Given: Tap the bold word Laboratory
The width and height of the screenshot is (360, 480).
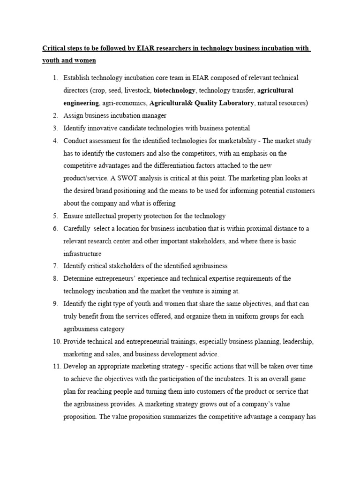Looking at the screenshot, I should (x=232, y=103).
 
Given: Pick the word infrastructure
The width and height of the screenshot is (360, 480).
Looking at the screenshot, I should (x=82, y=254).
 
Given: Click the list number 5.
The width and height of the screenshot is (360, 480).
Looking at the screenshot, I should (x=55, y=216).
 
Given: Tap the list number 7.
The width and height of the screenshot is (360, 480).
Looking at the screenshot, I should (x=55, y=266).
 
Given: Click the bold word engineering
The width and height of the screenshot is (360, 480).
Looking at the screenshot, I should (x=81, y=103).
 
